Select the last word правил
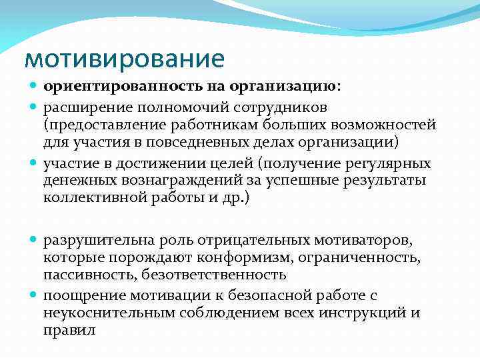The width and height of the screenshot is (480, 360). pos(70,329)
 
